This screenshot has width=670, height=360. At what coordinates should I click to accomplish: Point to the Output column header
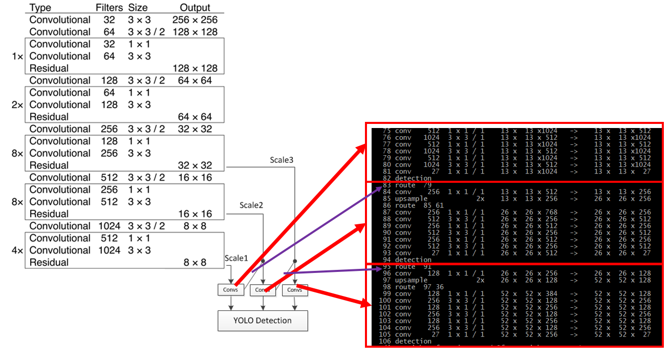[x=195, y=8]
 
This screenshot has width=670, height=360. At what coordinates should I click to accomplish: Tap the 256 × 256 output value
[x=195, y=20]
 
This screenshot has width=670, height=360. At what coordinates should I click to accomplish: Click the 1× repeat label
[x=17, y=56]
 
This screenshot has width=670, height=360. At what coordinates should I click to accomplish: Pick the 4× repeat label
[x=17, y=250]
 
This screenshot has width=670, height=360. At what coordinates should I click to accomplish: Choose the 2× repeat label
[x=17, y=105]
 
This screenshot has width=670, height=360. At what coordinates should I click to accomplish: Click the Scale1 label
[x=235, y=259]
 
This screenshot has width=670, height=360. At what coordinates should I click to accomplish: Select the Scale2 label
[x=251, y=205]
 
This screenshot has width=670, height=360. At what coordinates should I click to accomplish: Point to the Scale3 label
[x=282, y=160]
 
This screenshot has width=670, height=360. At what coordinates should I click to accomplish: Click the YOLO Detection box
[x=263, y=321]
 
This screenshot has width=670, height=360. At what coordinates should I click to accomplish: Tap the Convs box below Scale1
[x=230, y=290]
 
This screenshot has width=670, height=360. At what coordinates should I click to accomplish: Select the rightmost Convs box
[x=295, y=290]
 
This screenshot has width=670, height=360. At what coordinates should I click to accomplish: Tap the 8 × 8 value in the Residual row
[x=194, y=263]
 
